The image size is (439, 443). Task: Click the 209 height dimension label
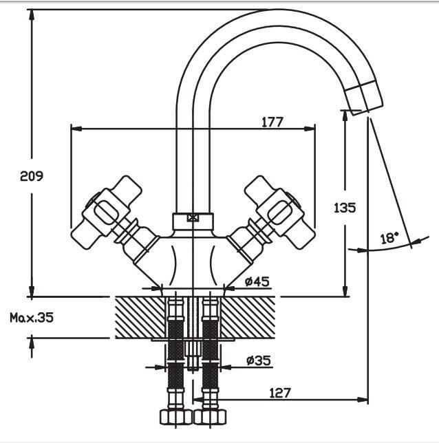[x=32, y=176]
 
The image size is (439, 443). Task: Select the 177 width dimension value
[x=272, y=122]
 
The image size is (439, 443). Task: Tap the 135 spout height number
[x=345, y=208]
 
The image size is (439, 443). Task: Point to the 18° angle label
[x=389, y=239]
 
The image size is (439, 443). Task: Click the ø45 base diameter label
[x=257, y=281]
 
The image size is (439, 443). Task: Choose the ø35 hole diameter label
[x=258, y=360]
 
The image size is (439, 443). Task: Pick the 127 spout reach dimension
[x=280, y=393]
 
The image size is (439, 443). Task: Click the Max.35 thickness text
[x=32, y=318]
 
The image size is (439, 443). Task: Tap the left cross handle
[x=106, y=212]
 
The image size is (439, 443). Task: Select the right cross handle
[x=280, y=212]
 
